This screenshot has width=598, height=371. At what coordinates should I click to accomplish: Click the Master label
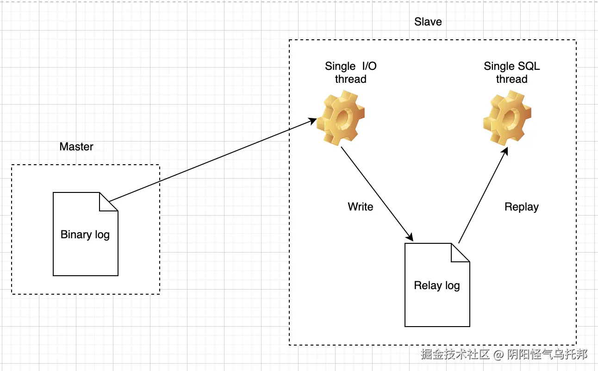coord(76,147)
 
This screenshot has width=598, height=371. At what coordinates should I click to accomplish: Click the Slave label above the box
coord(428,22)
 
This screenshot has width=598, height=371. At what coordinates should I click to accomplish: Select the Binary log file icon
coord(86,250)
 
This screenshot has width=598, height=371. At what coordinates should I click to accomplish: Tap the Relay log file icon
coord(437,301)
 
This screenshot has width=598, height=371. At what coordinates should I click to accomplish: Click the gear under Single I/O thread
coord(341,117)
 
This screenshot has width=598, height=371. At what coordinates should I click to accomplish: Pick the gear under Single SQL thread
coord(506,117)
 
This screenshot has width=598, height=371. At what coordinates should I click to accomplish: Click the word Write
coord(360,206)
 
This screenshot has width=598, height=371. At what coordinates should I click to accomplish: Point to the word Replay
coord(521,207)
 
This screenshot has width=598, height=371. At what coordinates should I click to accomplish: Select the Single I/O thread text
coord(350,73)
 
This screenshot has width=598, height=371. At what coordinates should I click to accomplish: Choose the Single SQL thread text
coord(511,73)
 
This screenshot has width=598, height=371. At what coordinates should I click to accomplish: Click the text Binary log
coord(85,235)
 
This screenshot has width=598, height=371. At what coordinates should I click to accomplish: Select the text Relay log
coord(437,285)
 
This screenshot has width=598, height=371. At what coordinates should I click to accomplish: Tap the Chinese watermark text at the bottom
coord(504,354)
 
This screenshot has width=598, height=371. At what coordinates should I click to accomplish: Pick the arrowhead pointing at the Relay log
coord(409,236)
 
